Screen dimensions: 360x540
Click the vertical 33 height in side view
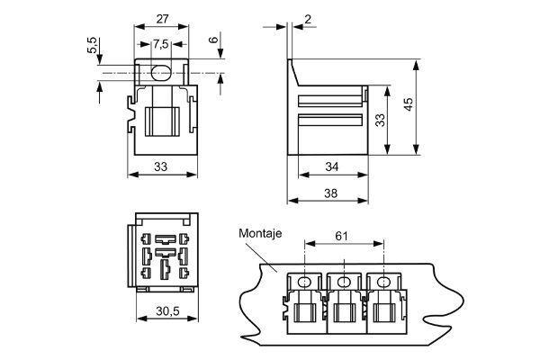click(380, 120)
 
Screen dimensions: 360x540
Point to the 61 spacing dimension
click(342, 236)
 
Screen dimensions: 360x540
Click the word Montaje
click(260, 234)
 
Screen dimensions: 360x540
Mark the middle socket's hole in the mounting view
click(345, 282)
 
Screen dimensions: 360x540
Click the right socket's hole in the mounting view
click(385, 282)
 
